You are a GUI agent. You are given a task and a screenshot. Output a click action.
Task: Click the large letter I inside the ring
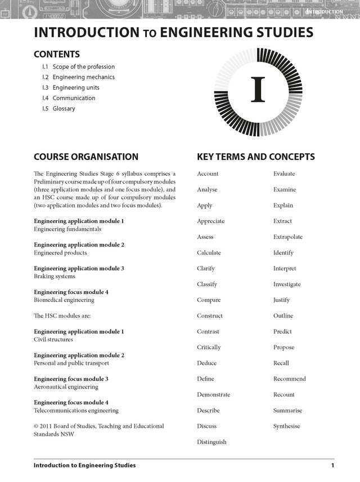pos(258,90)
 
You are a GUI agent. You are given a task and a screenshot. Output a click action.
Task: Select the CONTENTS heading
pos(57,55)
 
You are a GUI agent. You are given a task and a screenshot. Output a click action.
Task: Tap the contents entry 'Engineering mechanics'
pos(83,77)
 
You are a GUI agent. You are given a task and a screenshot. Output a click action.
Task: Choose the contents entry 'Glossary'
pos(64,109)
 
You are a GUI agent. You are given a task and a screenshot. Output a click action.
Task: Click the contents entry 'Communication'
pos(74,98)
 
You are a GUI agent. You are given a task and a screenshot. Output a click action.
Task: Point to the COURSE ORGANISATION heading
pos(86,157)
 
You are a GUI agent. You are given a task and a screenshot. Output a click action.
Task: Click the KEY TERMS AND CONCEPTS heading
pos(256,157)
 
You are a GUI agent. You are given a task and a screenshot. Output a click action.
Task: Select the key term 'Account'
pos(208,174)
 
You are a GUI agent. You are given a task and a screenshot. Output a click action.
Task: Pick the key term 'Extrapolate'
pos(288,237)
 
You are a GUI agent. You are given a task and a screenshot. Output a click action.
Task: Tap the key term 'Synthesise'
pos(287,426)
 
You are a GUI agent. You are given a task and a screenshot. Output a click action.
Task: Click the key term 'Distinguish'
pos(211,442)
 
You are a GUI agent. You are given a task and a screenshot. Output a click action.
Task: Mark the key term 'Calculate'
pos(209,253)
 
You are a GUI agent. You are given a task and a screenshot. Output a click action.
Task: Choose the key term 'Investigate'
pos(287,284)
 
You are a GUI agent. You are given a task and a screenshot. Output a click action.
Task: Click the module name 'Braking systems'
pos(54,276)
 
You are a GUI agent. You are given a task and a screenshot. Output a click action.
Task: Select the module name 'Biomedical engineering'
pos(64,300)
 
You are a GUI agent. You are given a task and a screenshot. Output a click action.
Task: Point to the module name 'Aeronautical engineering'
pos(66,387)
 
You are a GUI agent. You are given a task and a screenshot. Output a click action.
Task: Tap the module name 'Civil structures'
pos(53,340)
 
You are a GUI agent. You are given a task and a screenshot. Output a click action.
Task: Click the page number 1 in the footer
pos(332,466)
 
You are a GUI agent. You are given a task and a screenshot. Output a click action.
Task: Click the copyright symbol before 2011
pos(37,427)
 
